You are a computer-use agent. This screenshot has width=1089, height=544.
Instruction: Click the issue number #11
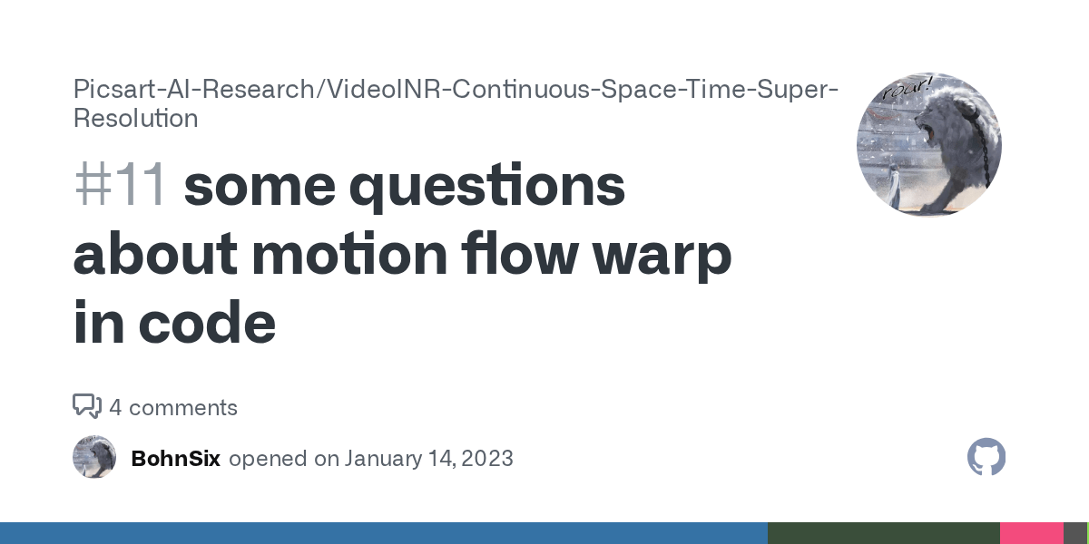[x=120, y=187]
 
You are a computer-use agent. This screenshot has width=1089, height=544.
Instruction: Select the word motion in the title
[x=349, y=255]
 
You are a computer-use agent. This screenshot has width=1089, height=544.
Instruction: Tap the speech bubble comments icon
[x=86, y=406]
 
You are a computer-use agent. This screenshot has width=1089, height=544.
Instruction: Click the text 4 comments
[x=173, y=408]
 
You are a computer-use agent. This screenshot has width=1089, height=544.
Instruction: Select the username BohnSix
[x=175, y=459]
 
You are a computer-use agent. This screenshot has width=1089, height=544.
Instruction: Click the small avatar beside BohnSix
[x=94, y=458]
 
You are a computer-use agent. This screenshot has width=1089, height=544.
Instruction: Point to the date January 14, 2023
[x=428, y=459]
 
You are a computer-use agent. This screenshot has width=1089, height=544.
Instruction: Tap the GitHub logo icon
[x=986, y=458]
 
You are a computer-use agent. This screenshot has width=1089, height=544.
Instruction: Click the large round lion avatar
[x=928, y=145]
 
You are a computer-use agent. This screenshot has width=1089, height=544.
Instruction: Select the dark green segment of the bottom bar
[x=883, y=533]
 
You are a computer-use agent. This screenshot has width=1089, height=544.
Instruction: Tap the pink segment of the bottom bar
[x=1031, y=533]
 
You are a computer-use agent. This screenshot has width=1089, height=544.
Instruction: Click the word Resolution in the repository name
[x=135, y=118]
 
